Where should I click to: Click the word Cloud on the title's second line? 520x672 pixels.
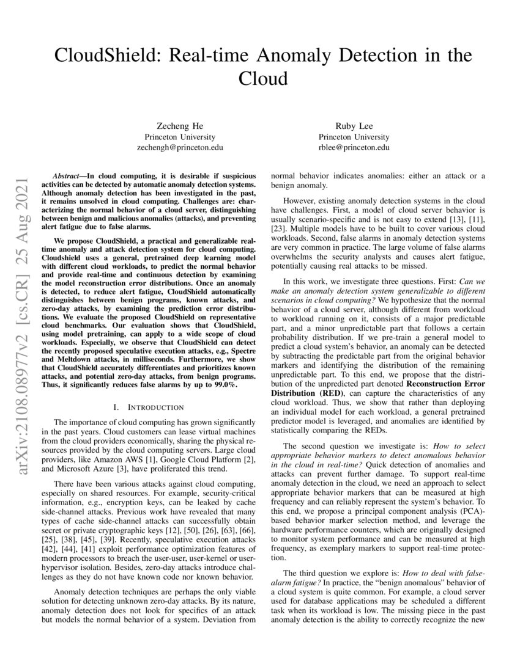(262, 79)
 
